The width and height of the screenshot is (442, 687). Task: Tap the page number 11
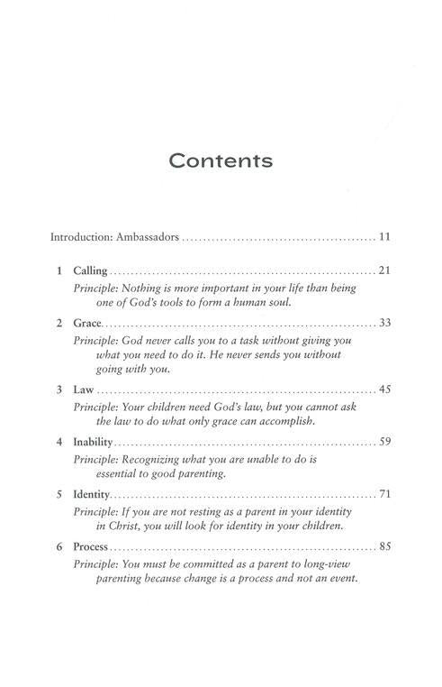(383, 238)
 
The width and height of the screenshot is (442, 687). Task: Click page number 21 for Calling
(383, 270)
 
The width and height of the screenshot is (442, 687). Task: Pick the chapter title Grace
(87, 323)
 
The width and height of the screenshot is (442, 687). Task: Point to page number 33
(383, 323)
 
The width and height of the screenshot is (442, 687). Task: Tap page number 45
(383, 390)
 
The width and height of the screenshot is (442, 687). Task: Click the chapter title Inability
(95, 444)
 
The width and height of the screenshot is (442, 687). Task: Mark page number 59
(383, 444)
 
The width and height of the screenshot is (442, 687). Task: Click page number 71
(383, 495)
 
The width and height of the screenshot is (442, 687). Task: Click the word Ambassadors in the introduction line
(146, 238)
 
